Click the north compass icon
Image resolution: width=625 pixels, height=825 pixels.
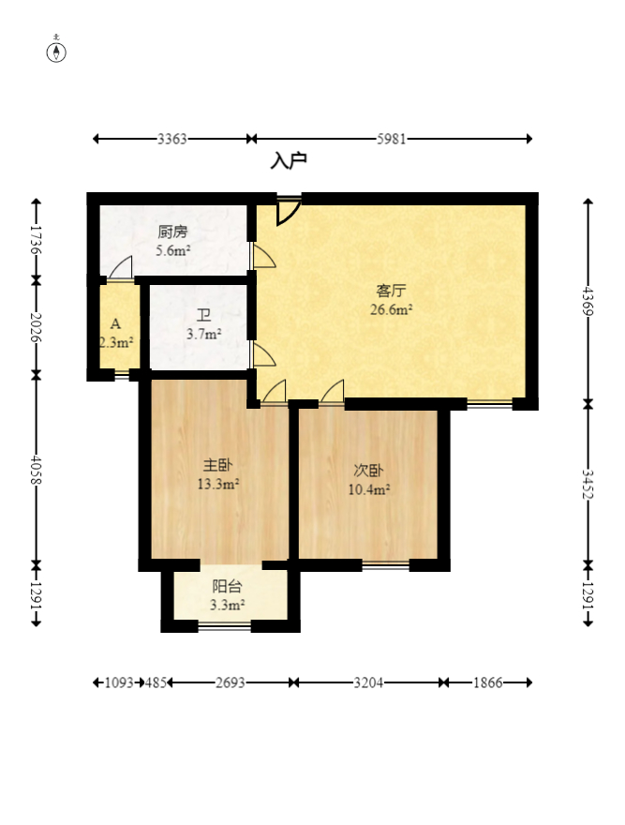(x=56, y=52)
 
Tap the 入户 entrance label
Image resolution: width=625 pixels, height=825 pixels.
(x=289, y=160)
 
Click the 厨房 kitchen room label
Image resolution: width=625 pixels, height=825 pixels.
(x=172, y=232)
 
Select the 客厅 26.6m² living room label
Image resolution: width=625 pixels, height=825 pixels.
(x=391, y=300)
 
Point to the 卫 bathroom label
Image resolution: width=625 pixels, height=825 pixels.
(x=203, y=315)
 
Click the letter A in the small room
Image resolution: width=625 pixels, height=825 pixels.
(x=116, y=323)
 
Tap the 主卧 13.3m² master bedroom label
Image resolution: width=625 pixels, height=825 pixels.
(x=217, y=474)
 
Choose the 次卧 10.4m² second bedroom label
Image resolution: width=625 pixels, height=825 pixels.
(x=369, y=480)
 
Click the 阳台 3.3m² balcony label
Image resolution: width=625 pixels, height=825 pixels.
(x=227, y=595)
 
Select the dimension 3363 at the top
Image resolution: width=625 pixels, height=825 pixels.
(x=172, y=139)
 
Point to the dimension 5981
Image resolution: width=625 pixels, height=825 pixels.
(x=392, y=139)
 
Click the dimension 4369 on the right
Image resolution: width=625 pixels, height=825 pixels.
(x=588, y=300)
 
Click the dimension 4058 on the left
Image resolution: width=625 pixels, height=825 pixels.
(x=36, y=470)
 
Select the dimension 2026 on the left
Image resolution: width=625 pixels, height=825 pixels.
(x=36, y=327)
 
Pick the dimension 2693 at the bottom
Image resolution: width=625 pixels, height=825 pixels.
(x=231, y=682)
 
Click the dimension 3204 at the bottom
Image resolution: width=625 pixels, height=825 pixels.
(x=368, y=682)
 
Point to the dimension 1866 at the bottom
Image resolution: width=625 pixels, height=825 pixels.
(x=488, y=682)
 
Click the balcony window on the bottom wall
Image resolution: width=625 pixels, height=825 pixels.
(x=225, y=626)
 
